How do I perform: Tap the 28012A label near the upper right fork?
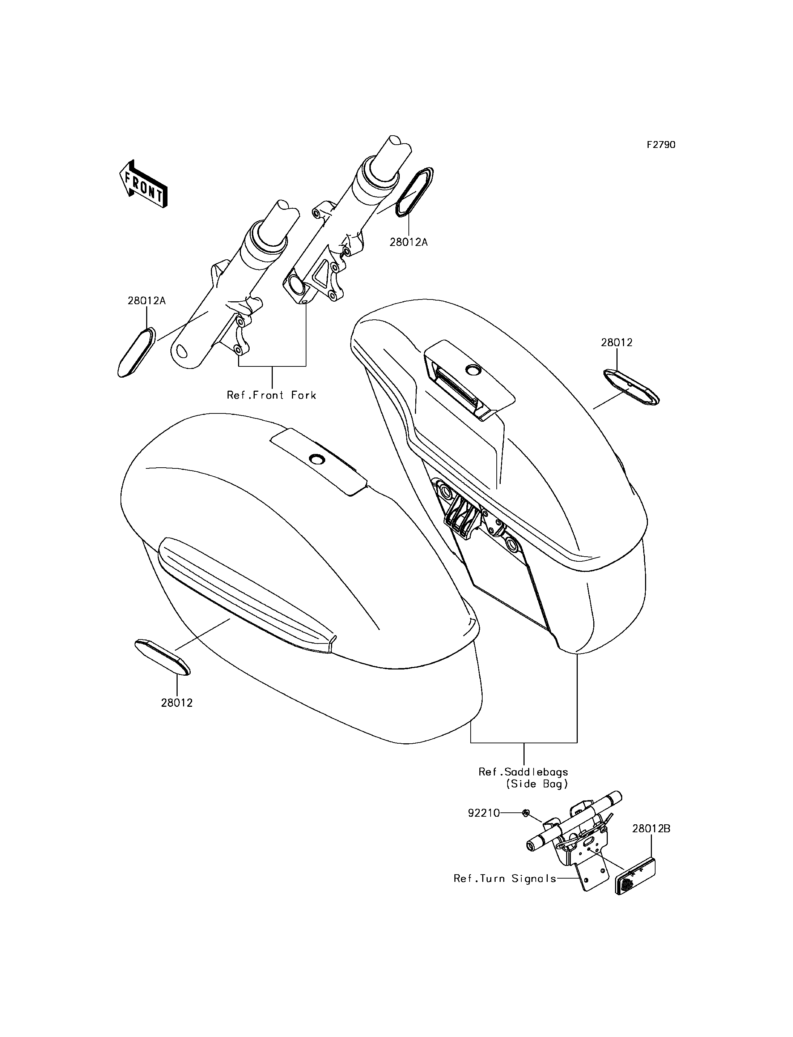coord(408,242)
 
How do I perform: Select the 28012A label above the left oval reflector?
coord(146,301)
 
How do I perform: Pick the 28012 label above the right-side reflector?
coord(616,343)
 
